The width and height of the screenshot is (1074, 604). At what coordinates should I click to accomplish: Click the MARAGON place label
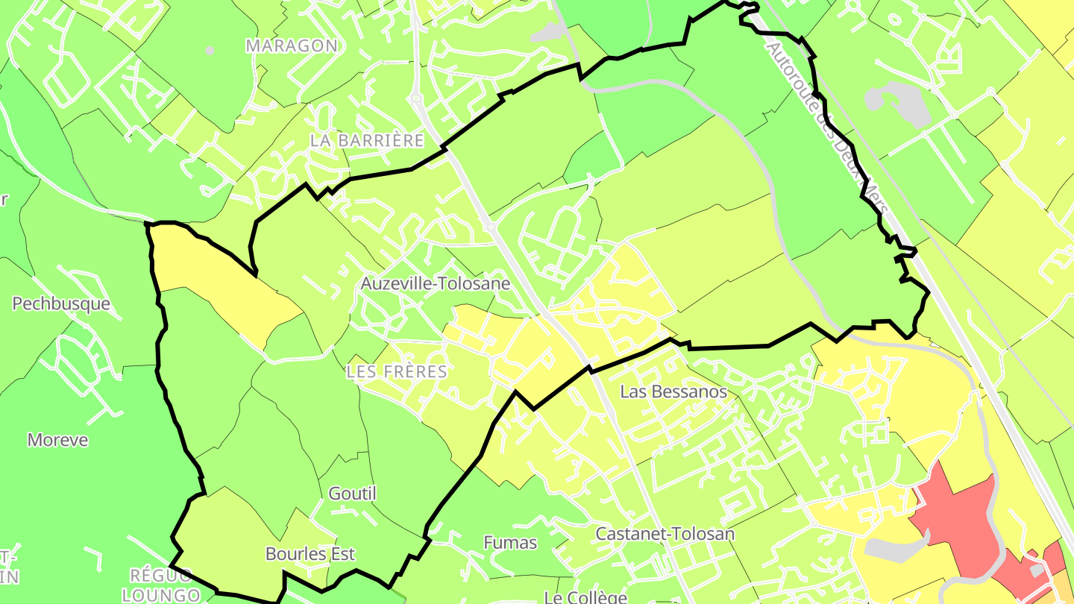pyautogui.click(x=291, y=45)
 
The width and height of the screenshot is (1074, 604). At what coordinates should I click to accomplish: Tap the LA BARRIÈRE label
pyautogui.click(x=367, y=140)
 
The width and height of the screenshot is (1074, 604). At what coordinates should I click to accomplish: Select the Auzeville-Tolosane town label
pyautogui.click(x=436, y=283)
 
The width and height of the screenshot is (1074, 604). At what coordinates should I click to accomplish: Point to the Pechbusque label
pyautogui.click(x=61, y=303)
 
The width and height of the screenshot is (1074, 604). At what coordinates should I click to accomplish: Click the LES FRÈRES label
pyautogui.click(x=397, y=371)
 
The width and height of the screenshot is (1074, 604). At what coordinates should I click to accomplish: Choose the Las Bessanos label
pyautogui.click(x=673, y=391)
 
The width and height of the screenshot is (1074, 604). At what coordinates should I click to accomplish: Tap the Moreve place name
pyautogui.click(x=57, y=440)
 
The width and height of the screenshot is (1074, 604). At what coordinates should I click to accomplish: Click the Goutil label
pyautogui.click(x=353, y=494)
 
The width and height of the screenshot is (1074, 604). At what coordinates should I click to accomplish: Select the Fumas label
pyautogui.click(x=510, y=543)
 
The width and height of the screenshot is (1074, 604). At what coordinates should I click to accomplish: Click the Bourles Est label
pyautogui.click(x=310, y=554)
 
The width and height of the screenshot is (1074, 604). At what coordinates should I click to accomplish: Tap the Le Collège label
pyautogui.click(x=585, y=597)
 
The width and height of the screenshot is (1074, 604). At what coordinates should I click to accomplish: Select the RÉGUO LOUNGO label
pyautogui.click(x=161, y=585)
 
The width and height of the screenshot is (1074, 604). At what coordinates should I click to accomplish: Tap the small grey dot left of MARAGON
pyautogui.click(x=210, y=51)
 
